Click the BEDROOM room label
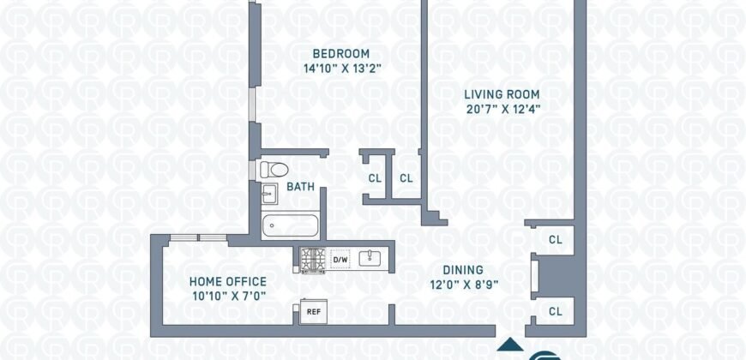pos(340,53)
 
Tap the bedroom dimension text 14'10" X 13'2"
pos(342,69)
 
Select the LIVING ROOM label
pos(502,94)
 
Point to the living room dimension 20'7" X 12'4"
pos(502,110)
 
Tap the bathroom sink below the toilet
pos(269,194)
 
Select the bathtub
pos(290,225)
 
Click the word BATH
pos(300,187)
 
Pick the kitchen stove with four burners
pos(312,261)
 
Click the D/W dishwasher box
pos(340,260)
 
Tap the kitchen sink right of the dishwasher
pos(370,259)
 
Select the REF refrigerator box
pos(313,311)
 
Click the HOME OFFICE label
pos(228,281)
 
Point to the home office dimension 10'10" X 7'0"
pos(229,297)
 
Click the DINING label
pos(463,270)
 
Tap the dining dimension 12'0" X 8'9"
pos(463,285)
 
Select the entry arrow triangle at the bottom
pos(510,345)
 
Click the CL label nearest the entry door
pos(556,312)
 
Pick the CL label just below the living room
pos(556,240)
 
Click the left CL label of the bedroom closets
pos(375,179)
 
